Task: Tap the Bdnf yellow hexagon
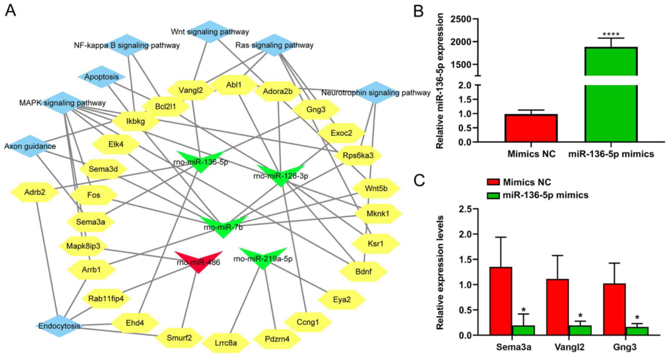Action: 363,271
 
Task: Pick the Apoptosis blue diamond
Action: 101,77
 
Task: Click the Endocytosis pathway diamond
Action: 59,326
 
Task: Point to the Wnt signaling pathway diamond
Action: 210,32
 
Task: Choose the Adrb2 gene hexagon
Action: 35,192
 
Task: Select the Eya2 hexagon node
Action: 342,300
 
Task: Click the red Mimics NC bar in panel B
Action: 531,128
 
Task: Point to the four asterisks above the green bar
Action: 611,35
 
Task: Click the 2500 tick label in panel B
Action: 461,19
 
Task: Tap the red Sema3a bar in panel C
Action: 501,301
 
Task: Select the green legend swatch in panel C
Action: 493,195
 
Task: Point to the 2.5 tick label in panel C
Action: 465,209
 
